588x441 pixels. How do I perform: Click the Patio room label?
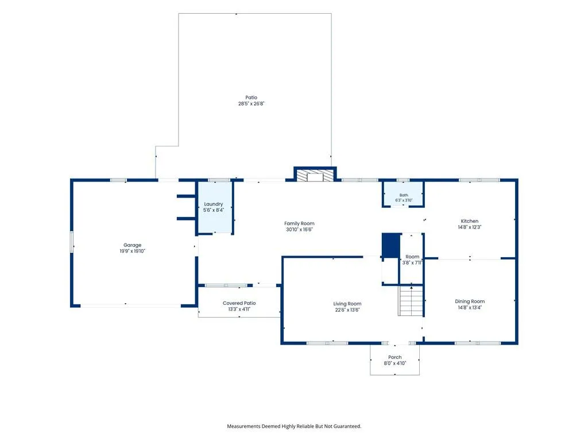point(252,98)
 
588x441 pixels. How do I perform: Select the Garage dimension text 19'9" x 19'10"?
point(133,252)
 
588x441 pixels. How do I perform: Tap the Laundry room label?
point(214,204)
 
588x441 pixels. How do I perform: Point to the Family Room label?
point(299,223)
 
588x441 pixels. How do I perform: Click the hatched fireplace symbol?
point(315,176)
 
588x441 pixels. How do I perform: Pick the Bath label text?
point(404,195)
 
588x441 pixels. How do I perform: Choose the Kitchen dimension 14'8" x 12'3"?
point(470,227)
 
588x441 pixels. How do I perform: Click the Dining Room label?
point(470,301)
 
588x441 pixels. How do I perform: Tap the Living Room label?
point(347,304)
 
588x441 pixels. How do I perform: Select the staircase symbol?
point(411,301)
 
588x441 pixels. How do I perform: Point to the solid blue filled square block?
point(390,246)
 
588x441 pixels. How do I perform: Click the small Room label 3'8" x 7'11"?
point(412,260)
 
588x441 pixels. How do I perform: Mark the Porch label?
point(395,357)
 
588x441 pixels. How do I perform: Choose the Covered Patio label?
point(239,303)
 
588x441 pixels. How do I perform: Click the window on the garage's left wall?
point(72,242)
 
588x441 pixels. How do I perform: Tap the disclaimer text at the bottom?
point(294,427)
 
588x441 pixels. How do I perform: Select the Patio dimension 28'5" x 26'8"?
point(252,103)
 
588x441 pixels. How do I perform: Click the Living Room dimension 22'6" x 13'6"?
point(347,310)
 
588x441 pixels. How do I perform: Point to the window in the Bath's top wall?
point(403,180)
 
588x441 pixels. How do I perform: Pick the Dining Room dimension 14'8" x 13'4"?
point(470,308)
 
